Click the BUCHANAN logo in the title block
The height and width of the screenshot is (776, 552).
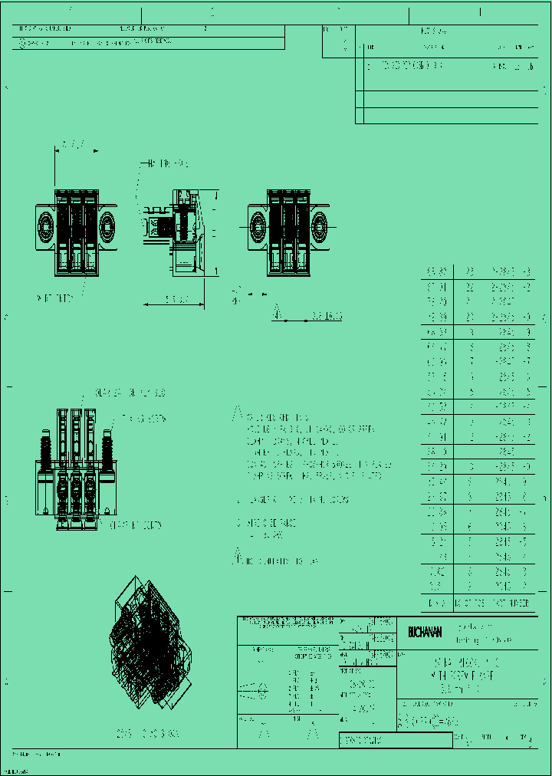pyautogui.click(x=424, y=633)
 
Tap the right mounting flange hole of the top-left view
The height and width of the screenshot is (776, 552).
pyautogui.click(x=107, y=226)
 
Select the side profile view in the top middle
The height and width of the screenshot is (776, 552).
pyautogui.click(x=175, y=230)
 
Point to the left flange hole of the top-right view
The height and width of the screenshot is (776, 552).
pyautogui.click(x=258, y=226)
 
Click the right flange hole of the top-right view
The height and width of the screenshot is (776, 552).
pyautogui.click(x=318, y=226)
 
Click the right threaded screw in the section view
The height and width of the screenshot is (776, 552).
pyautogui.click(x=106, y=452)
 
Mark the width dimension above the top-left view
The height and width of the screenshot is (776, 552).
pyautogui.click(x=73, y=143)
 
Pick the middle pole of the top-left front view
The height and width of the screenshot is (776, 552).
pyautogui.click(x=77, y=230)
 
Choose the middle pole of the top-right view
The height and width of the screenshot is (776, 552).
pyautogui.click(x=288, y=230)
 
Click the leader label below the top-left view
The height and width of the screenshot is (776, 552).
pyautogui.click(x=55, y=298)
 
